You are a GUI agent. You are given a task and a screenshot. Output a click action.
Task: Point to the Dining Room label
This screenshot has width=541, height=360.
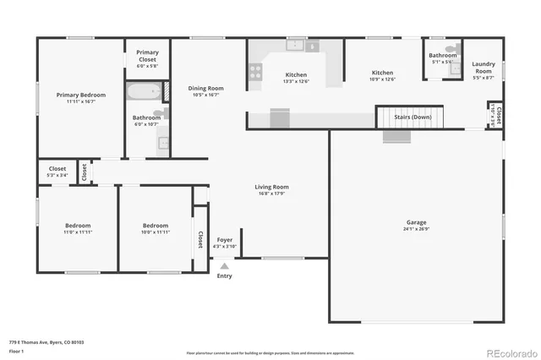(205, 88)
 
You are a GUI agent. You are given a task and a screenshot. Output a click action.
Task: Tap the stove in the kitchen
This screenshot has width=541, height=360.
(254, 73)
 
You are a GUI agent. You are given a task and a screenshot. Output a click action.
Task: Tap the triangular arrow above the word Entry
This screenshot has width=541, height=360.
(224, 265)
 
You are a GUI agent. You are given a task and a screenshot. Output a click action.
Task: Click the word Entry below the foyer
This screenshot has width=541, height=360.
(224, 275)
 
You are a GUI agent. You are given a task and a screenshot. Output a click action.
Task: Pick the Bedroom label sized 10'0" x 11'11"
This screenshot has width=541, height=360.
(155, 226)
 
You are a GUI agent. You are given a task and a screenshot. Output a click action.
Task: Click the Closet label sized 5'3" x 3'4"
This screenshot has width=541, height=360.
(57, 169)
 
